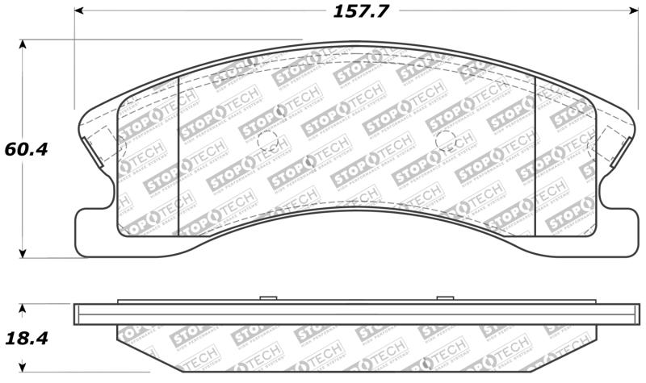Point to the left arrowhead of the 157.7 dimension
79,12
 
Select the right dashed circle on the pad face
446,142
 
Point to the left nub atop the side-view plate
263,299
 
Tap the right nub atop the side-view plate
444,299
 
